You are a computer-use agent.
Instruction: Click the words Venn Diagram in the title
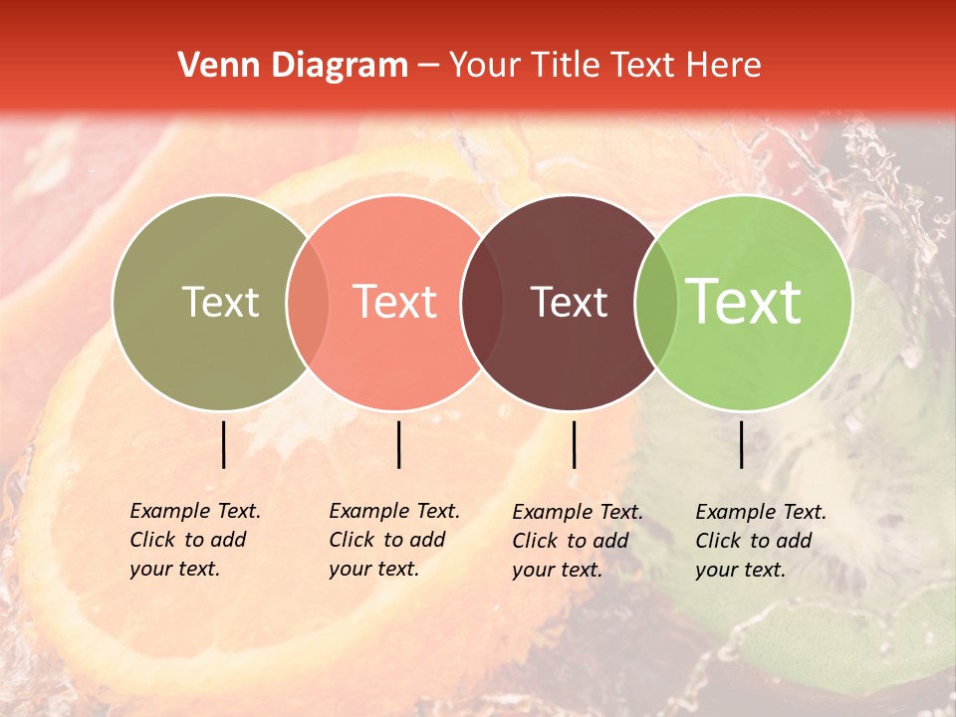click(x=293, y=66)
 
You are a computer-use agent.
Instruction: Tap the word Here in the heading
click(x=724, y=66)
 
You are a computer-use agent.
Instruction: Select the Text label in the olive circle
click(x=220, y=302)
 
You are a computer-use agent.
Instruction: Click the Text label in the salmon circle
click(x=395, y=302)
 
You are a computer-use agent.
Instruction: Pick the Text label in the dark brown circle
click(x=569, y=302)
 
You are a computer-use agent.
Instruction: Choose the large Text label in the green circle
click(x=744, y=302)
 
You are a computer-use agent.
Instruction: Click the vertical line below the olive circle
click(x=224, y=444)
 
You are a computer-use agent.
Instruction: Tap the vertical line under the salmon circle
click(x=398, y=444)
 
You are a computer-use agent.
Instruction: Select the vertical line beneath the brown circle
click(x=574, y=444)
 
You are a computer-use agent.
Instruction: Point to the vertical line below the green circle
click(x=742, y=444)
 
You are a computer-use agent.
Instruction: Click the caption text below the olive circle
click(x=195, y=540)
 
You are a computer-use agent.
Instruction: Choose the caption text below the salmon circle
click(x=394, y=540)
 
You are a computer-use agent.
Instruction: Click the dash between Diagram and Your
click(x=428, y=66)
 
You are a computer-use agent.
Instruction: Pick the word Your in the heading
click(x=487, y=66)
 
